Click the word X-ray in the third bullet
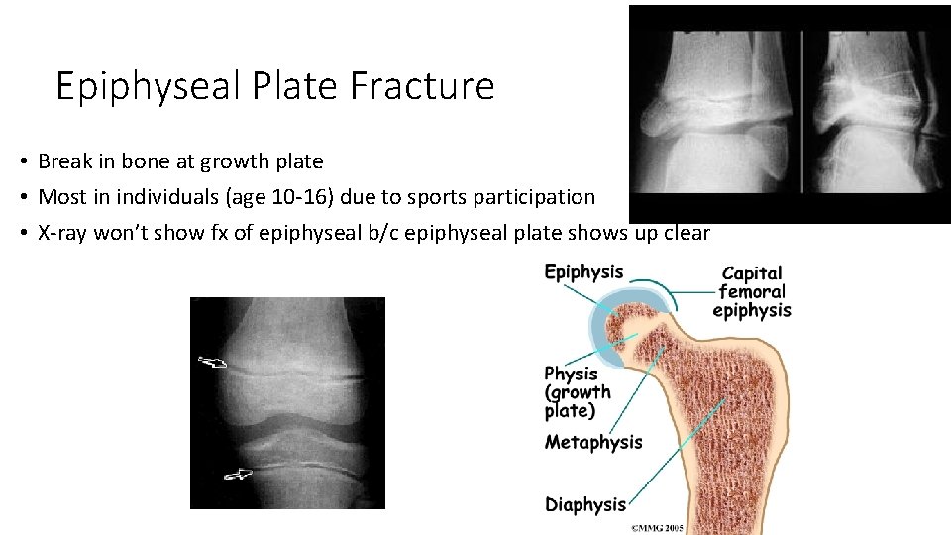(62, 233)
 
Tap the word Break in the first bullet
(62, 160)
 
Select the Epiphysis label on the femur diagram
(583, 272)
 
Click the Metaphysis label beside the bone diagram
(593, 442)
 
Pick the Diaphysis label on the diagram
(585, 504)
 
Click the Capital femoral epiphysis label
(752, 291)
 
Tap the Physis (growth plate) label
(578, 392)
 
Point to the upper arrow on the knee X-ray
(212, 363)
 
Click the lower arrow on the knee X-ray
(238, 475)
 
